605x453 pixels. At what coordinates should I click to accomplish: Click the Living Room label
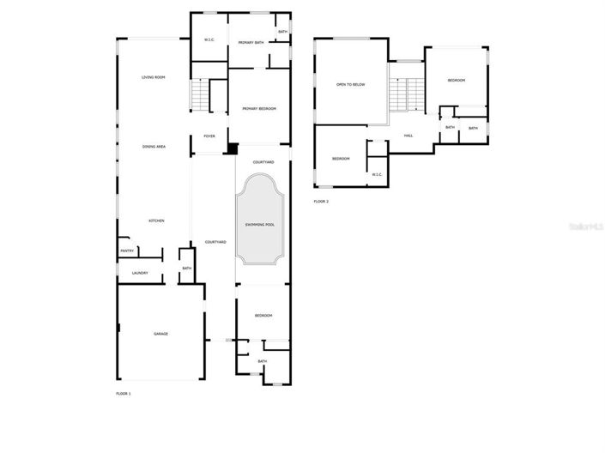(x=154, y=78)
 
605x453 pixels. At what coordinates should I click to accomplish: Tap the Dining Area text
(x=154, y=147)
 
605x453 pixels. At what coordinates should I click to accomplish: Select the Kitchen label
(x=156, y=221)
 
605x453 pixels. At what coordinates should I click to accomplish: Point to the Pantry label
(x=127, y=251)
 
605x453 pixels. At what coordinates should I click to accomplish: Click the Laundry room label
(x=140, y=274)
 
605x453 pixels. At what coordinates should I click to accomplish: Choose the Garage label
(x=160, y=333)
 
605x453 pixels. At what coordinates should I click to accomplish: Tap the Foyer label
(x=209, y=136)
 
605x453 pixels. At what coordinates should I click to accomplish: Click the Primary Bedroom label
(x=258, y=109)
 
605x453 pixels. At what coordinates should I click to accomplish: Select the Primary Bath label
(x=251, y=41)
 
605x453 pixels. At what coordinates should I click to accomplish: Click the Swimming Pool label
(x=259, y=225)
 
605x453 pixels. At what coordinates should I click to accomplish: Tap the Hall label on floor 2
(x=408, y=136)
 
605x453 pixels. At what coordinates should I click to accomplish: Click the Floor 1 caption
(x=124, y=394)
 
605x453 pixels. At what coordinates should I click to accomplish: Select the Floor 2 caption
(x=321, y=202)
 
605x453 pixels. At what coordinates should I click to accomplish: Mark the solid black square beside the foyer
(x=230, y=148)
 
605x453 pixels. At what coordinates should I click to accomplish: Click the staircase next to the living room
(x=201, y=94)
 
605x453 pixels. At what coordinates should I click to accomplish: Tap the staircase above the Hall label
(x=407, y=93)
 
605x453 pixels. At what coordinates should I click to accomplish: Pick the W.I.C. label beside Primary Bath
(x=209, y=41)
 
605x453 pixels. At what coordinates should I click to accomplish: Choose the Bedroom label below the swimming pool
(x=263, y=317)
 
